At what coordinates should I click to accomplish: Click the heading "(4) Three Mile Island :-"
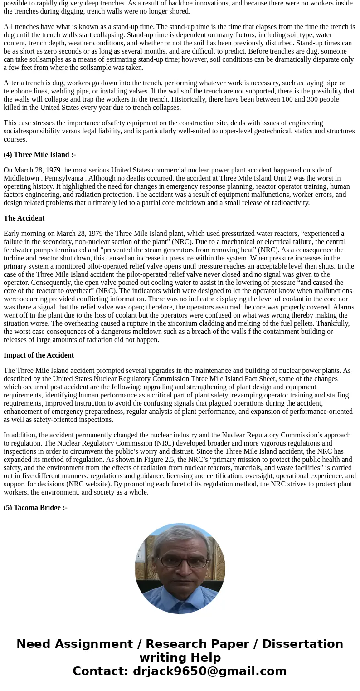coord(39,155)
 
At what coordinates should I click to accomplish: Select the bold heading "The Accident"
coord(24,218)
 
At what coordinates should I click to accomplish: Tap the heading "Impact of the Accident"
coord(39,355)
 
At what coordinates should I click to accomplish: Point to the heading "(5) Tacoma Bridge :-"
coord(35,507)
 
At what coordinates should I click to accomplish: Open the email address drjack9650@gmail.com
coord(209,671)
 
